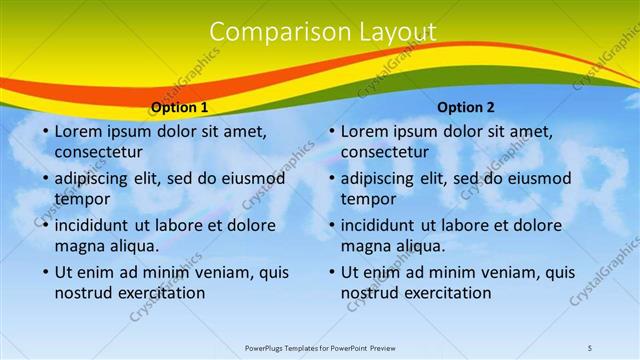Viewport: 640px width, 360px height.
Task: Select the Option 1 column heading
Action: pos(180,107)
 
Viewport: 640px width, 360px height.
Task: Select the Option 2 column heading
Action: pos(466,107)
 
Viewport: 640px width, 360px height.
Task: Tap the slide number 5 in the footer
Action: pos(590,347)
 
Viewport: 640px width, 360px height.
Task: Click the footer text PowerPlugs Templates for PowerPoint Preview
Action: pos(321,347)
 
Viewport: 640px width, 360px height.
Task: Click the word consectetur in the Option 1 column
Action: pos(98,152)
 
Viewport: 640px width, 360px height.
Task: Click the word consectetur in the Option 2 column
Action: pos(384,152)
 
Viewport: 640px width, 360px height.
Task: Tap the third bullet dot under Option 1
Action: pos(44,225)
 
